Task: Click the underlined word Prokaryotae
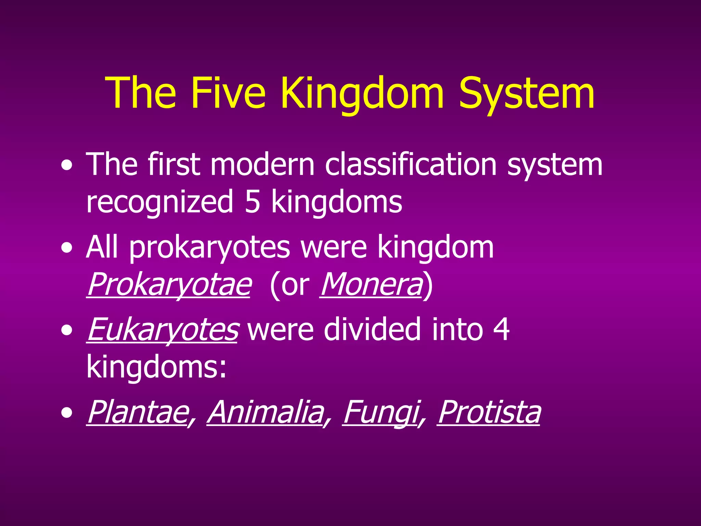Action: click(169, 284)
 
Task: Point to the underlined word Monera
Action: click(371, 284)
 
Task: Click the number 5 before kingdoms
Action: click(253, 202)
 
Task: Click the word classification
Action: click(410, 165)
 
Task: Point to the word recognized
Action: click(160, 202)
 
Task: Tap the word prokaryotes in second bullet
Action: click(209, 247)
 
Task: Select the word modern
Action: click(262, 165)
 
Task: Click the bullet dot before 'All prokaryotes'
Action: click(67, 248)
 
